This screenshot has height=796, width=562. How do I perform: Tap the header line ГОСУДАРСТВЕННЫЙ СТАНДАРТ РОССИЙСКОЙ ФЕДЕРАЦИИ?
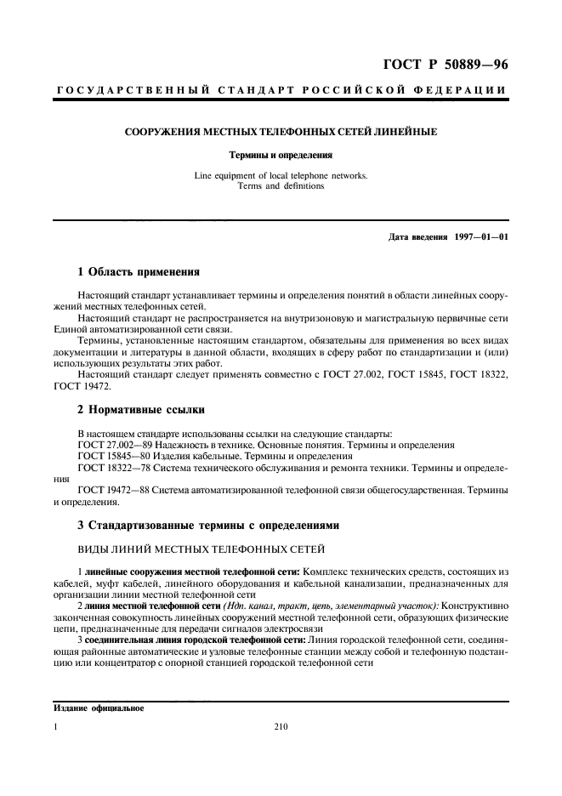pyautogui.click(x=281, y=90)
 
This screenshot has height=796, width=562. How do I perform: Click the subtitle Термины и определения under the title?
pyautogui.click(x=281, y=156)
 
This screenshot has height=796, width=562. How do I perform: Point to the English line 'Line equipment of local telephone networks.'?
pyautogui.click(x=281, y=176)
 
